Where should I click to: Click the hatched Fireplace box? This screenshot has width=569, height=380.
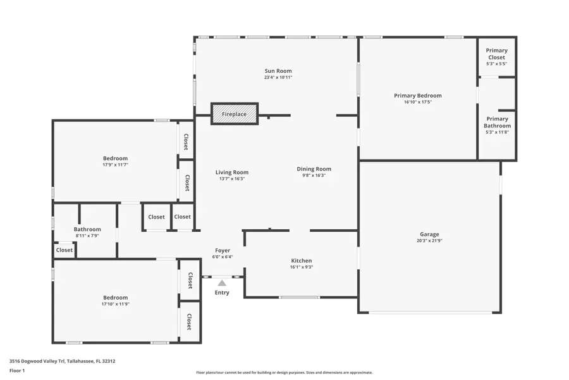tap(235, 114)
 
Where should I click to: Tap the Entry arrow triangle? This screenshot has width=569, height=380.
tap(222, 283)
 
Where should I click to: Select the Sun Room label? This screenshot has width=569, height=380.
tap(278, 71)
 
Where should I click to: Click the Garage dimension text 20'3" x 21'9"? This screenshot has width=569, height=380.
tap(429, 241)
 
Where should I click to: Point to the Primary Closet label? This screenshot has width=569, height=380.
tap(496, 54)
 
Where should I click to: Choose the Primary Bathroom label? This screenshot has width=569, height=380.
tap(497, 122)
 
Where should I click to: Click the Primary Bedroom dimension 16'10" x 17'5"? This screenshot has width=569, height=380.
tap(418, 102)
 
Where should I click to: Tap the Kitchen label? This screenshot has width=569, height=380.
tap(301, 261)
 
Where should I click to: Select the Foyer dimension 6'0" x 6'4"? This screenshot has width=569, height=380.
tap(223, 256)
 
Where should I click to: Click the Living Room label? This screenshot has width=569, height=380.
tap(232, 172)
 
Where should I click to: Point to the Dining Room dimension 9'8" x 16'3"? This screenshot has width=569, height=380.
tap(314, 175)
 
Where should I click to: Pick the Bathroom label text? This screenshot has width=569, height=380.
tap(87, 229)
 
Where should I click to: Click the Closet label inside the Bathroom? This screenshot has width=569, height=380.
tap(64, 250)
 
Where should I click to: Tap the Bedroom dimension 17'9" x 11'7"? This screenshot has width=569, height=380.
tap(116, 165)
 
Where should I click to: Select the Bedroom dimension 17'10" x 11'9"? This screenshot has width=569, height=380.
tap(116, 304)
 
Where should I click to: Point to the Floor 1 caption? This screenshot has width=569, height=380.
tap(17, 370)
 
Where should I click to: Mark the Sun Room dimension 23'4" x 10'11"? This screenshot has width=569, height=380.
tap(278, 77)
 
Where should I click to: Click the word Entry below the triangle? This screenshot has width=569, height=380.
tap(222, 293)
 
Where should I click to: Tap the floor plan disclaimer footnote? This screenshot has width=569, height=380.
tap(284, 372)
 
